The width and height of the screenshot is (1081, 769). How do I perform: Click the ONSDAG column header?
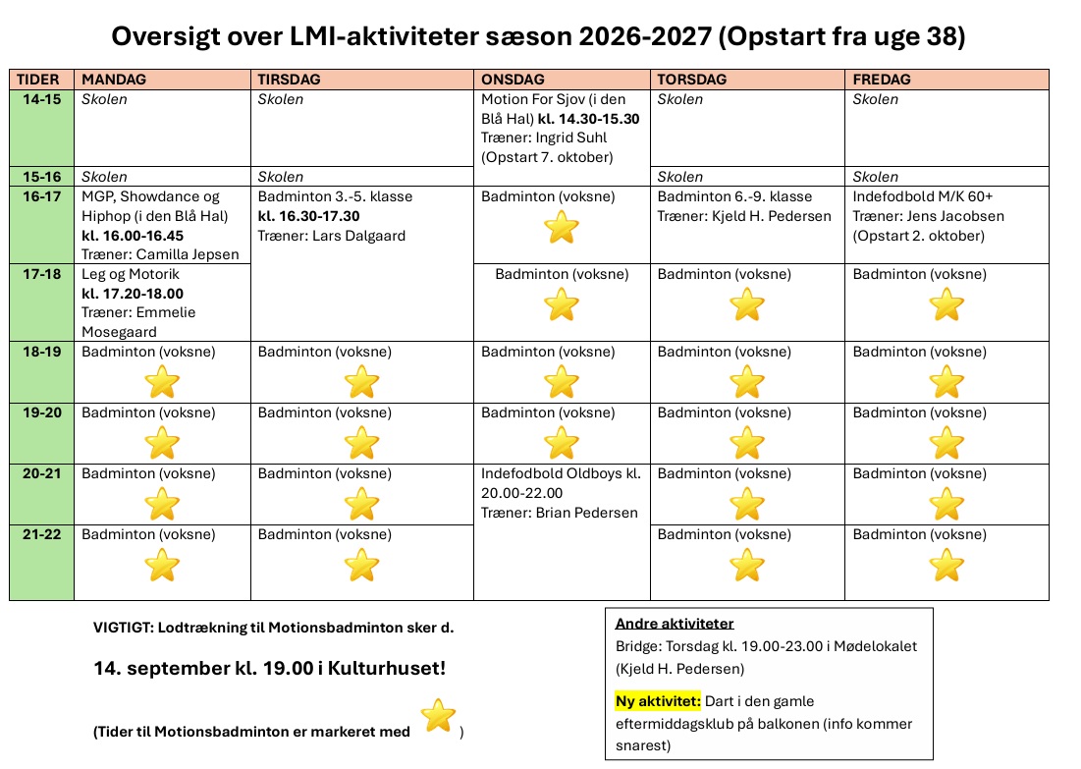pyautogui.click(x=513, y=80)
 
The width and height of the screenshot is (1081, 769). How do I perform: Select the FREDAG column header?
pyautogui.click(x=881, y=80)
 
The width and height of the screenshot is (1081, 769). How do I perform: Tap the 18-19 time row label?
pyautogui.click(x=41, y=352)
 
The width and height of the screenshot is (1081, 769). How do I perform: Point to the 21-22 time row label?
pyautogui.click(x=41, y=534)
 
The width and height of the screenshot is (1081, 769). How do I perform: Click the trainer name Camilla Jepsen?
pyautogui.click(x=188, y=254)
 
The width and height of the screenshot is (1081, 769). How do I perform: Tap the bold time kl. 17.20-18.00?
pyautogui.click(x=133, y=294)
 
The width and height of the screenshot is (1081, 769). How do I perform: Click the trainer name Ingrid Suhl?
pyautogui.click(x=570, y=137)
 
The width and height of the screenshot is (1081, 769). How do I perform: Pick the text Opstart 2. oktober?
pyautogui.click(x=918, y=236)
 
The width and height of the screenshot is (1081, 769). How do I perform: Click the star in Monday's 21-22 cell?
pyautogui.click(x=162, y=565)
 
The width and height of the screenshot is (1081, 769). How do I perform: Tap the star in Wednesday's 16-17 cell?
pyautogui.click(x=562, y=227)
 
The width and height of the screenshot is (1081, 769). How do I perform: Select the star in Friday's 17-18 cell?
pyautogui.click(x=946, y=304)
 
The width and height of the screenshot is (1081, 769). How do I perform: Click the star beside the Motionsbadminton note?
pyautogui.click(x=438, y=715)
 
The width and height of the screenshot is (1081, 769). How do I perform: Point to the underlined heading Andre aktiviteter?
pyautogui.click(x=675, y=624)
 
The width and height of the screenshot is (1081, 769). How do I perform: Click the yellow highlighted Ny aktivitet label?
pyautogui.click(x=658, y=701)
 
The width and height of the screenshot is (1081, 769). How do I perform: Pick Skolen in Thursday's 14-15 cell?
pyautogui.click(x=679, y=99)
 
